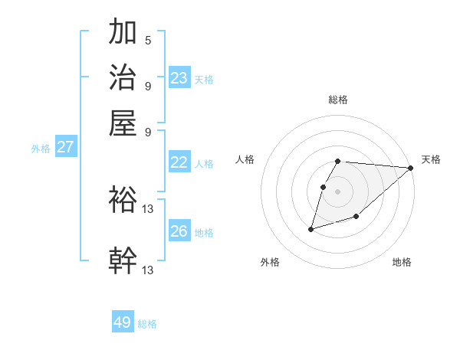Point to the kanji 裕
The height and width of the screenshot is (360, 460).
[x=123, y=200]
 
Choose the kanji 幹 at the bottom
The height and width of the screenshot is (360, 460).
[x=123, y=260]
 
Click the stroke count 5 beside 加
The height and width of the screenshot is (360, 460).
[x=148, y=40]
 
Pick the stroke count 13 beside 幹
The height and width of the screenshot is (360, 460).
[x=148, y=270]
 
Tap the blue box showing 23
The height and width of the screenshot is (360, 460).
[x=179, y=77]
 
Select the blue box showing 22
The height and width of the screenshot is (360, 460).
[x=179, y=162]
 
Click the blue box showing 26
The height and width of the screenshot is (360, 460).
[x=179, y=231]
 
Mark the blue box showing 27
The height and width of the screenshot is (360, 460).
[x=65, y=147]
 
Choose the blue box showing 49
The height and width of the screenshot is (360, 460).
[x=123, y=322]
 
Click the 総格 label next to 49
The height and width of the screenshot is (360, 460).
[x=147, y=324]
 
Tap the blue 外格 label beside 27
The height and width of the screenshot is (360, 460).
[x=41, y=149]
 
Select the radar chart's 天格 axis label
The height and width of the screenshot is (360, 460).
[x=431, y=159]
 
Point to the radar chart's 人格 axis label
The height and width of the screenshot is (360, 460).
[x=245, y=159]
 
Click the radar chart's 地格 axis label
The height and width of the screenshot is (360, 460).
[x=402, y=262]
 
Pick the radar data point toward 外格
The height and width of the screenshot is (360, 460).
[x=310, y=228]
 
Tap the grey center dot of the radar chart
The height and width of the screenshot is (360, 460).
[x=337, y=191]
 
